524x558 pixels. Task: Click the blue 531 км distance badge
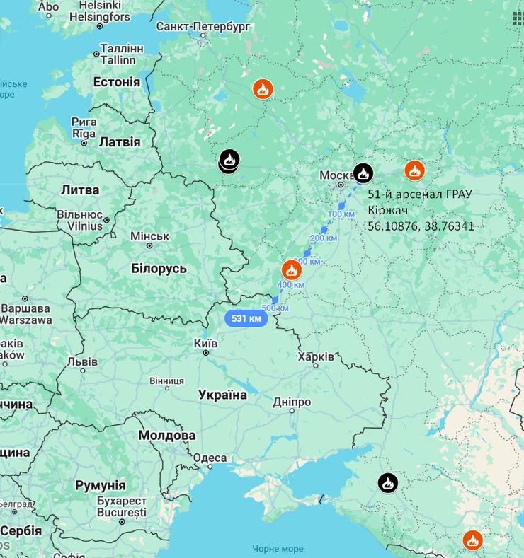(x=246, y=318)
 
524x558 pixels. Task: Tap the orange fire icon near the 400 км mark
(x=291, y=269)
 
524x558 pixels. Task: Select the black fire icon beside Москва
(x=363, y=172)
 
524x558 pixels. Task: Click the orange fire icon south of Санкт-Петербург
(x=263, y=89)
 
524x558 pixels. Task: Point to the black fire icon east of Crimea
(x=387, y=483)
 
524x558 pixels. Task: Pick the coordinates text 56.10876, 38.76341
(x=421, y=226)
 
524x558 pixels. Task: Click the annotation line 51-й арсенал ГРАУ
(x=420, y=194)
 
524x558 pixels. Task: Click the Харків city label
(x=316, y=357)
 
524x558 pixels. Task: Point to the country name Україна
(x=222, y=395)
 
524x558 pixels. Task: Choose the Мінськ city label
(x=149, y=236)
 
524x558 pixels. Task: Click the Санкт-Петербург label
(x=203, y=26)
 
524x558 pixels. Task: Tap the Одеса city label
(x=210, y=458)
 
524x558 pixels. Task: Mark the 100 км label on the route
(x=341, y=214)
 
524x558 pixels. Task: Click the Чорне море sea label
(x=278, y=549)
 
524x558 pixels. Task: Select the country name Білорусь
(x=159, y=269)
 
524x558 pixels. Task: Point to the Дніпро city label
(x=292, y=402)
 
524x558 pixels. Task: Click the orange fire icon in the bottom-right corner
(x=472, y=540)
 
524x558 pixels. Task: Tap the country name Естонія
(x=117, y=82)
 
